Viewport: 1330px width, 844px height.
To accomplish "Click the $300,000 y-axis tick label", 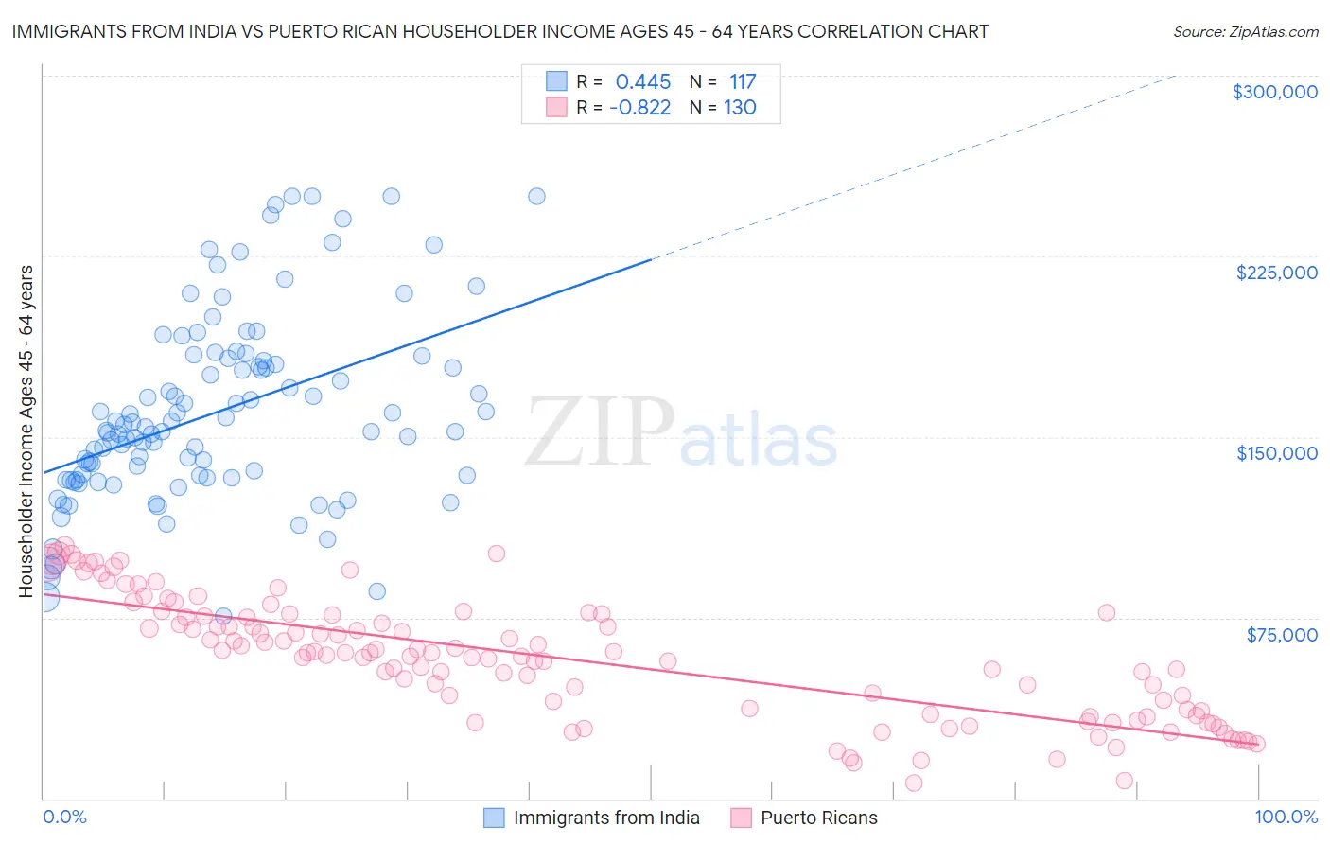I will [1274, 92].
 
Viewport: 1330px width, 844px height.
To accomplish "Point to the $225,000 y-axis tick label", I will [1276, 273].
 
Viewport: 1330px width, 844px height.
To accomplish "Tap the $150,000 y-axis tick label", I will [1276, 453].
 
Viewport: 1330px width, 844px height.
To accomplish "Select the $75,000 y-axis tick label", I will [1281, 635].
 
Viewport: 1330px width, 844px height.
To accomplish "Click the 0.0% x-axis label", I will [64, 817].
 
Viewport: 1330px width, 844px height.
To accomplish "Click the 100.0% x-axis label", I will [1286, 817].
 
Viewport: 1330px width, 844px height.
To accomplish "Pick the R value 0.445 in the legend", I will [642, 82].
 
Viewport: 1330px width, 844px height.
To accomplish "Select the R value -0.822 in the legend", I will [639, 108].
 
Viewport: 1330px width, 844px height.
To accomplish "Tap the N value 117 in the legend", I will [742, 82].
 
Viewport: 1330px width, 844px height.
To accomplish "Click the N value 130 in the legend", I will [740, 108].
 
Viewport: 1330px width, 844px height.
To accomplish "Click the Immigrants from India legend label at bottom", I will [606, 818].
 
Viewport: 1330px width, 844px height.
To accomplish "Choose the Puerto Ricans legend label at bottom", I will [818, 818].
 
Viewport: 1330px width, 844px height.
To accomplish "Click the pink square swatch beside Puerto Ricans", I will [741, 818].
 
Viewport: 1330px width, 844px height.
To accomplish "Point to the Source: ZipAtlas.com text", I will [1245, 31].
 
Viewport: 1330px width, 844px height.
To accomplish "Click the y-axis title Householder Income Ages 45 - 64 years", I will [26, 431].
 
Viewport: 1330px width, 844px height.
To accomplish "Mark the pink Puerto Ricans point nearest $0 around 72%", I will [914, 782].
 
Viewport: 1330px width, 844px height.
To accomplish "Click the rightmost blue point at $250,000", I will [536, 197].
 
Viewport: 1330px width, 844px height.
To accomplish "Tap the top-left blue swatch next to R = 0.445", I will [556, 82].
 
